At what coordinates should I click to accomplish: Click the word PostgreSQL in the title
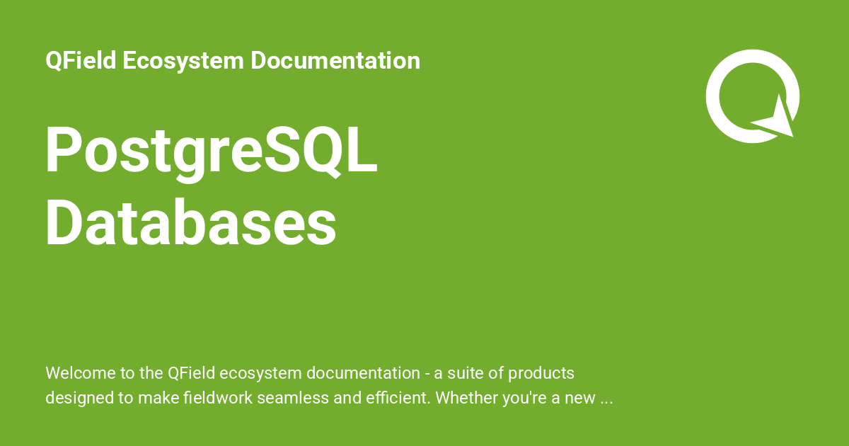[x=211, y=153]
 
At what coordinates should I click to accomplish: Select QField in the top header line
[x=80, y=61]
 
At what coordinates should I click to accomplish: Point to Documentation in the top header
[x=335, y=61]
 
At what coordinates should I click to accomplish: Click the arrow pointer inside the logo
[x=777, y=119]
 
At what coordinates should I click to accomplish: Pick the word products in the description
[x=543, y=373]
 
